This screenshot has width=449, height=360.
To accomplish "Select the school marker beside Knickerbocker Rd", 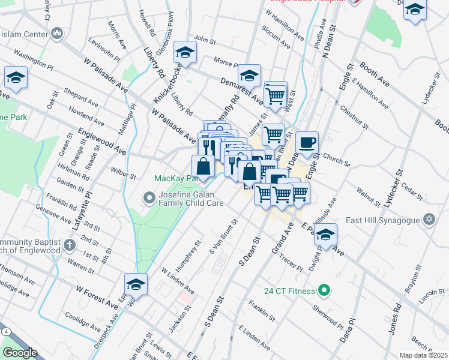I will (x=185, y=53).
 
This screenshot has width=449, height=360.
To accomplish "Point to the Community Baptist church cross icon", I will (x=70, y=245).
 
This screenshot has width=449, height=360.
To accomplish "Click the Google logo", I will (x=20, y=353).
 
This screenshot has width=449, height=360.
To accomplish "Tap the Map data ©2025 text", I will (x=424, y=355).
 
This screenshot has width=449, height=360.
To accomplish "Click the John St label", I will (x=204, y=40).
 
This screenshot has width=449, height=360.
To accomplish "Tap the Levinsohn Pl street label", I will (x=104, y=52).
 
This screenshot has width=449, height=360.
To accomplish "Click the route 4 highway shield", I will (x=5, y=331).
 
